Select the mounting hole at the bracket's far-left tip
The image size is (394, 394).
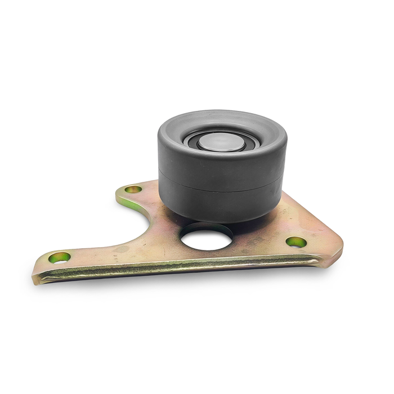pos(59,257)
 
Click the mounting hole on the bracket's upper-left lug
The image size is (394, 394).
pos(133,189)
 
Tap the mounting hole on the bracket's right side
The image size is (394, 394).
pos(296,242)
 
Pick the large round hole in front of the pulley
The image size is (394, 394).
pos(207,236)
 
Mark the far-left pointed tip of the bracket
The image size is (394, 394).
pos(37,270)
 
